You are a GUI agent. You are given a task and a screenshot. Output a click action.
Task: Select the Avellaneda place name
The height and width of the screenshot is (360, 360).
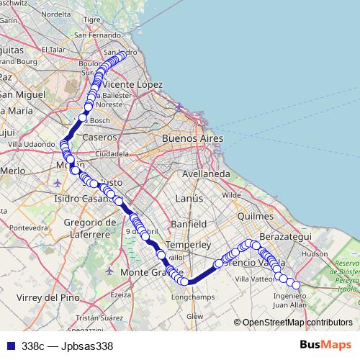[206, 174]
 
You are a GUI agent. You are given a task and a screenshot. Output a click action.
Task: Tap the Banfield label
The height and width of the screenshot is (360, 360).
[190, 223]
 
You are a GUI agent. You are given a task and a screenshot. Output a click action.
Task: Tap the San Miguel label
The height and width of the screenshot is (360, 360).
[24, 94]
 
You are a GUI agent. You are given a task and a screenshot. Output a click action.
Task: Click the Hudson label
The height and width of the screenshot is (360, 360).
[315, 254]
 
